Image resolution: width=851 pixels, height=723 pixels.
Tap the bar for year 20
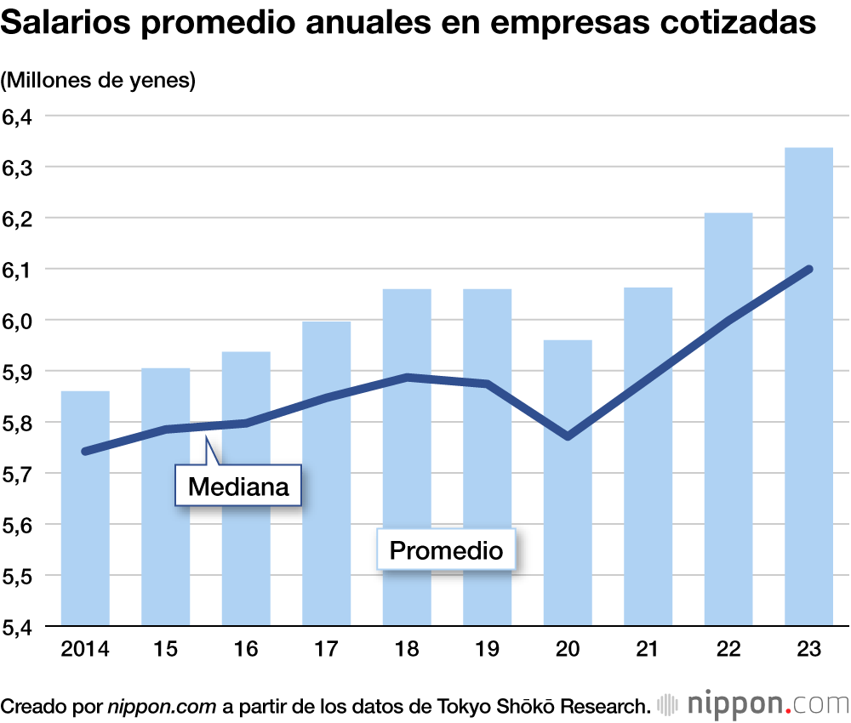coord(568,527)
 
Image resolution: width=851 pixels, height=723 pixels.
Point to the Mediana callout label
coord(238,487)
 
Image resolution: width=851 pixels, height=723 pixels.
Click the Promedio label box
coord(446,550)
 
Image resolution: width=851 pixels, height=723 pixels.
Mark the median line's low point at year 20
coord(568,436)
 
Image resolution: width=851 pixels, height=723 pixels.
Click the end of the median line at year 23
coord(808,270)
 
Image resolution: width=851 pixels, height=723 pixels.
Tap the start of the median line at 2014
coord(85,451)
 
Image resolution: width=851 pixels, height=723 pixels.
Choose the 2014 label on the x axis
coord(85,650)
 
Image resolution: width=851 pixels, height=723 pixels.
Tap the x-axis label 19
coord(487,650)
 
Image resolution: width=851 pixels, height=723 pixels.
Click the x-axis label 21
coord(648,650)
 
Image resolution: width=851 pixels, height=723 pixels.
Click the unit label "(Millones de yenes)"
coord(99,81)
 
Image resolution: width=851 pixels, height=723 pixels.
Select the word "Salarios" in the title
coord(64,24)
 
